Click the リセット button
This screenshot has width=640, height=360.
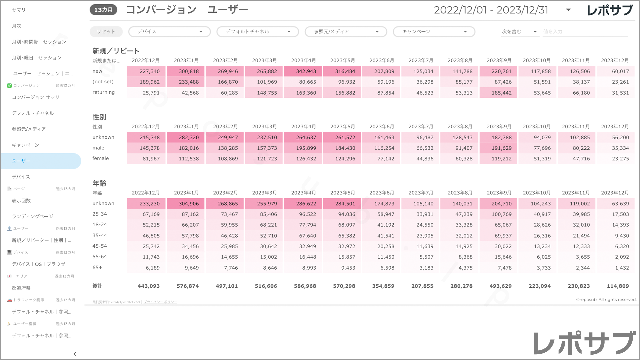106,32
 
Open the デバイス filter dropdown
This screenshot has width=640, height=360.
169,32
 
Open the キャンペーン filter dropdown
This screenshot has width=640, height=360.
434,32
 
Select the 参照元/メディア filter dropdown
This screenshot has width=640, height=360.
346,32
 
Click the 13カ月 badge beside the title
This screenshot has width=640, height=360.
103,10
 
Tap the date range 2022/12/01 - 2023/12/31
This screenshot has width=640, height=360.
491,10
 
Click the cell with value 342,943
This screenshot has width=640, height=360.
303,71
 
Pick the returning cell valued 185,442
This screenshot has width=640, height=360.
498,93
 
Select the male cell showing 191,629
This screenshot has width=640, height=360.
498,148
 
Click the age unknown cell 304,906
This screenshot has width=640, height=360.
186,204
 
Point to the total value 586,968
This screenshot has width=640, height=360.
305,286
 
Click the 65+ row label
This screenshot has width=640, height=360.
97,268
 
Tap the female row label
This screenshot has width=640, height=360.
101,158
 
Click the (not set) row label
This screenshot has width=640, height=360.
103,82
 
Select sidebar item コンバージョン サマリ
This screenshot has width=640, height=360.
36,97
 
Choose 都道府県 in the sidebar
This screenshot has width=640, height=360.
21,288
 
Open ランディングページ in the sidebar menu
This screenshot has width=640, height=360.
33,216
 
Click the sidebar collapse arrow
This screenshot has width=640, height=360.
75,354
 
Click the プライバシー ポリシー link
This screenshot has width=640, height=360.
160,302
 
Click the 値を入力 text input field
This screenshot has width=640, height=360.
585,32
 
